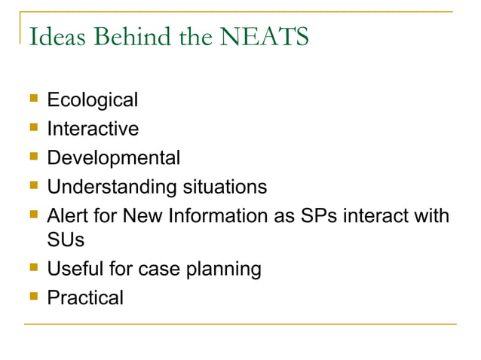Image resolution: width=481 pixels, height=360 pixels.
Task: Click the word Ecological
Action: (x=92, y=99)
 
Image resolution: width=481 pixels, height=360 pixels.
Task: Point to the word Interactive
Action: (x=93, y=129)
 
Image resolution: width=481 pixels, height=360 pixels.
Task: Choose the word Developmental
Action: (x=113, y=158)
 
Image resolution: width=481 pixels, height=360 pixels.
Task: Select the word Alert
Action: (x=66, y=216)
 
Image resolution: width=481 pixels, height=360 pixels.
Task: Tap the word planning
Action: (x=226, y=269)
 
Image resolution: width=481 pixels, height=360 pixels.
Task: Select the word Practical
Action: (x=85, y=297)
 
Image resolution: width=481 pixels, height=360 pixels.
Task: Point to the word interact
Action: (x=378, y=216)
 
